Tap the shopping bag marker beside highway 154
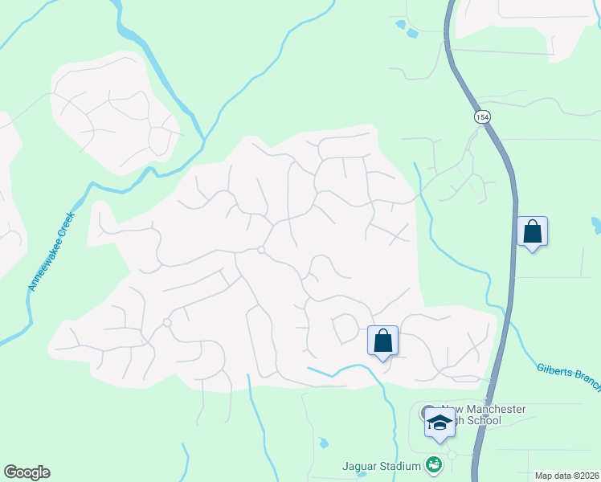tap(532, 232)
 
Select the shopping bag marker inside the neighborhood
tap(383, 341)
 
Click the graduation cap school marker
tap(440, 423)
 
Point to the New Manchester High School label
tap(481, 415)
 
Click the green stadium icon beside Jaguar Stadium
tap(434, 465)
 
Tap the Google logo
tap(27, 472)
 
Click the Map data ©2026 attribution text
tap(566, 476)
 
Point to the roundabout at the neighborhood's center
tap(261, 251)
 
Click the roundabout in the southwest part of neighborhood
tap(167, 322)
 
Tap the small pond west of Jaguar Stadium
tap(322, 443)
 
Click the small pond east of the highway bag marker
tap(595, 223)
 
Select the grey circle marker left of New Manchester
tap(426, 412)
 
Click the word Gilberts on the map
tap(554, 370)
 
